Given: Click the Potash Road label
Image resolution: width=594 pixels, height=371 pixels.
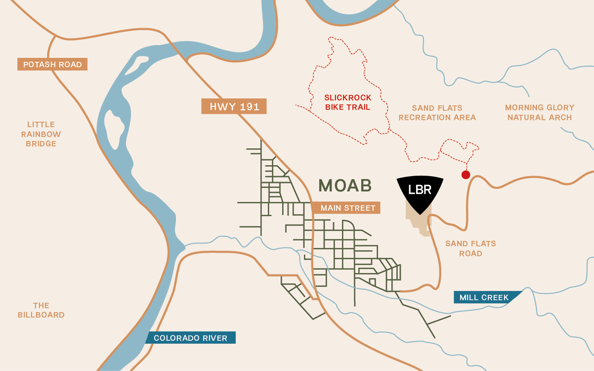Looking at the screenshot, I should tap(52, 64).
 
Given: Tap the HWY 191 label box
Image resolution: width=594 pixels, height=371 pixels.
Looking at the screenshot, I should tap(234, 107).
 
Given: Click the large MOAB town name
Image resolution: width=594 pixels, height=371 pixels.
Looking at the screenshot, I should tap(344, 185).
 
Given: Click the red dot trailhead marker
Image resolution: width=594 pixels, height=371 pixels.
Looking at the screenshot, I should tap(466, 175).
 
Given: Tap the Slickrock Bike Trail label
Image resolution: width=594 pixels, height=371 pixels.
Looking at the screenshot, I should tap(347, 102).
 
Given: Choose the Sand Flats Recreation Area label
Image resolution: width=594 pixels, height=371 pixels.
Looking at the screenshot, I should tap(437, 113).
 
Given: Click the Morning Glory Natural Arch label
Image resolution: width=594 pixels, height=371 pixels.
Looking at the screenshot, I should tap(539, 113).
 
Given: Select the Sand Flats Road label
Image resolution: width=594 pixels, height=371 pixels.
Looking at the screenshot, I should tap(470, 248).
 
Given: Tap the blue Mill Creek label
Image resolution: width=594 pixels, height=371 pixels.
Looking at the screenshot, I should tap(484, 297).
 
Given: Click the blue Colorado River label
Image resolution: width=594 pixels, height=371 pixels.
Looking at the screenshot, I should tap(190, 338).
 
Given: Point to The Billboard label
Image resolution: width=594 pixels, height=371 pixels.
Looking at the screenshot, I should tap(41, 310).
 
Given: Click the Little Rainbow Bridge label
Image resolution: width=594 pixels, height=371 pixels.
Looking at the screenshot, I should tap(41, 134).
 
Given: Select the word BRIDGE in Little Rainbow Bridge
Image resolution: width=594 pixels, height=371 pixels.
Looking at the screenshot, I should tap(41, 144).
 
